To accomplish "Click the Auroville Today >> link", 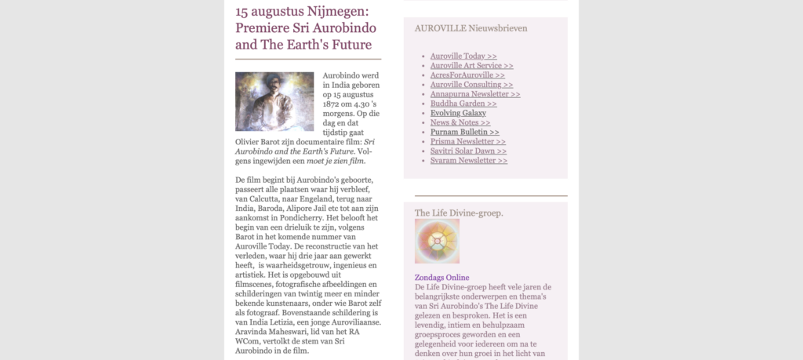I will [463, 56].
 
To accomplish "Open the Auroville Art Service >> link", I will [471, 66].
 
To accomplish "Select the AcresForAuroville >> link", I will [467, 75].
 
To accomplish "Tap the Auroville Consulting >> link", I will [471, 85].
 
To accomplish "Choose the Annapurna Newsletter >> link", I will [475, 94].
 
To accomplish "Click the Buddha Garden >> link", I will [463, 104].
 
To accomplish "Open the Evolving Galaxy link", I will [458, 113].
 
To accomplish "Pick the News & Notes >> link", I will [460, 122].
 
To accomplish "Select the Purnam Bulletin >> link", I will [464, 132].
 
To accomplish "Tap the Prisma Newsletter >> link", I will [468, 141].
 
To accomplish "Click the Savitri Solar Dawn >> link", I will [468, 151].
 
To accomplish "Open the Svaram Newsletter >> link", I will [469, 160].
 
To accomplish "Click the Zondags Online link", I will [441, 278].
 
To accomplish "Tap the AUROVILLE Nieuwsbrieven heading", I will [471, 28].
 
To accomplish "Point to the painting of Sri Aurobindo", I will [274, 101].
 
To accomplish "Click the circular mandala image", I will [437, 242].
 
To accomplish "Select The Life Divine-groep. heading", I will [459, 213].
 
